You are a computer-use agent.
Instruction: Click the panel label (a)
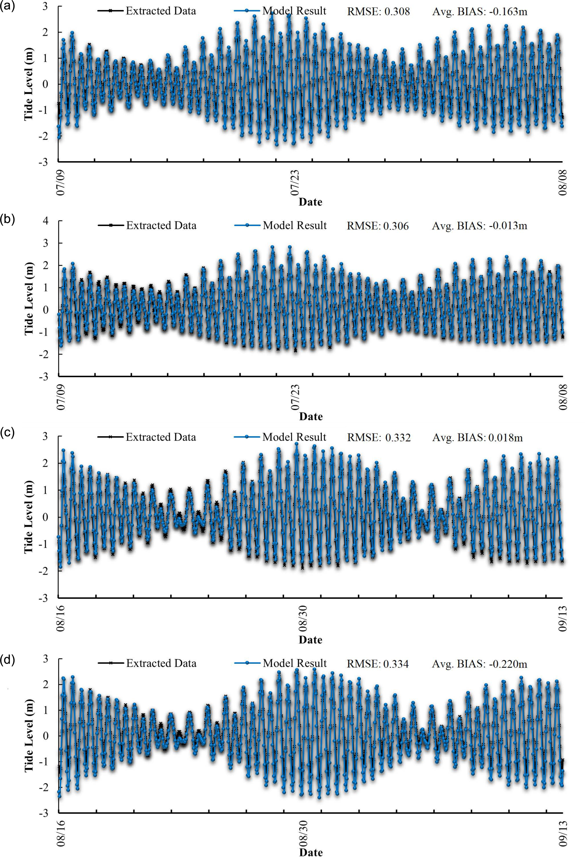tap(7, 6)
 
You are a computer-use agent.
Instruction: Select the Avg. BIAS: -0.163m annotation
tap(479, 11)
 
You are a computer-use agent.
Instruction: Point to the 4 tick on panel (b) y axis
tap(46, 221)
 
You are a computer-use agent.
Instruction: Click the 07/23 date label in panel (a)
tap(295, 183)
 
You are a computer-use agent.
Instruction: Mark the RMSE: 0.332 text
tap(379, 437)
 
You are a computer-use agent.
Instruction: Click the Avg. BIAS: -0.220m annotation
tap(479, 664)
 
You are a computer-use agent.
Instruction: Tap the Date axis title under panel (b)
tap(311, 416)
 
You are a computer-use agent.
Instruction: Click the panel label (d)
tap(7, 659)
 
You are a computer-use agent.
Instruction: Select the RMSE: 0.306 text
tap(378, 226)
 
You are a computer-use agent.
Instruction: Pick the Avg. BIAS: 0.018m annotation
tap(477, 437)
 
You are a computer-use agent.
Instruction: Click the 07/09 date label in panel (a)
tap(61, 183)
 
